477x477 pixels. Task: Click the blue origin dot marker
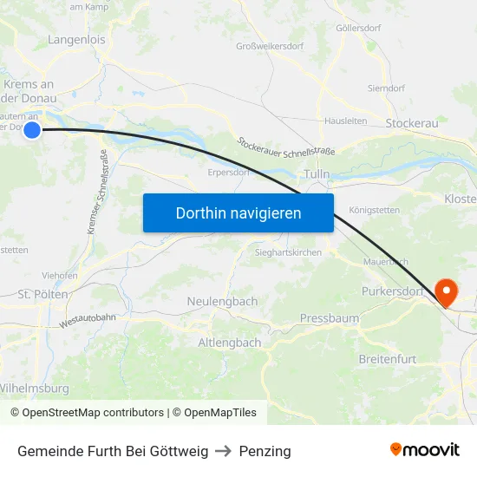(32, 130)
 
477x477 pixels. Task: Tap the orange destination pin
(448, 292)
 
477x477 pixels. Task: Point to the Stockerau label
(412, 124)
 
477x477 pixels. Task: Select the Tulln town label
(317, 174)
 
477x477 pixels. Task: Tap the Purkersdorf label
(391, 292)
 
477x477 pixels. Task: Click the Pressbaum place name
(330, 318)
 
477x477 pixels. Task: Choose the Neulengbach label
(222, 301)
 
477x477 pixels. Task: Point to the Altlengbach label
(230, 343)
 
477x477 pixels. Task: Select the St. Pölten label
(43, 295)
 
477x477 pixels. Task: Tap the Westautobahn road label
(88, 321)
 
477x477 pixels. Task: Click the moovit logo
(424, 449)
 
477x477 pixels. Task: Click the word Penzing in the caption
(265, 451)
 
